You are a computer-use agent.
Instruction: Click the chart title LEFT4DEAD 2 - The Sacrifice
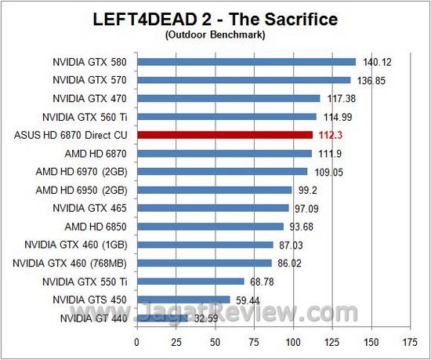coord(215,17)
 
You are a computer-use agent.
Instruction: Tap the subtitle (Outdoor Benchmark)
coord(215,35)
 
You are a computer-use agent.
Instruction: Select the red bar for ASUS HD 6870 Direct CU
coord(225,135)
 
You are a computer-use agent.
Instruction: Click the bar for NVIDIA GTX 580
coord(246,61)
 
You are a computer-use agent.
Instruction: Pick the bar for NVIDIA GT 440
coord(162,318)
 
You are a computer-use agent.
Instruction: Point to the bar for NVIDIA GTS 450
coord(183,300)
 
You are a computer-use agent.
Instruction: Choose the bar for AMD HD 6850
coord(210,227)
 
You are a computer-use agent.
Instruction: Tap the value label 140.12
coord(375,62)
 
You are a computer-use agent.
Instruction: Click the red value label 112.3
coord(331,135)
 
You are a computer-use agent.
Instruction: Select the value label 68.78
coord(263,282)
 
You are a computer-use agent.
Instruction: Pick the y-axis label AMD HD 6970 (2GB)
coord(85,172)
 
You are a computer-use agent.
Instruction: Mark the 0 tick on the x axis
coord(137,342)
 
